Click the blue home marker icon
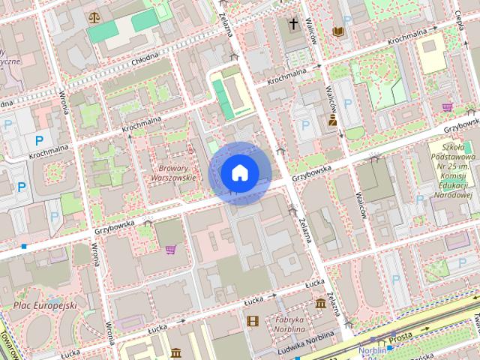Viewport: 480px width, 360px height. pyautogui.click(x=239, y=172)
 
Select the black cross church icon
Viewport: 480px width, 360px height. pyautogui.click(x=292, y=23)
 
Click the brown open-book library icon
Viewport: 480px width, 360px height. pyautogui.click(x=338, y=31)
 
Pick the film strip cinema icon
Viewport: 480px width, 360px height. pyautogui.click(x=252, y=321)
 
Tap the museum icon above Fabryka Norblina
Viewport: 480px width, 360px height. pyautogui.click(x=321, y=303)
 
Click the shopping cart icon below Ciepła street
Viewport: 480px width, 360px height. pyautogui.click(x=448, y=106)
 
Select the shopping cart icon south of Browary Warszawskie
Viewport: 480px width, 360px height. pyautogui.click(x=170, y=249)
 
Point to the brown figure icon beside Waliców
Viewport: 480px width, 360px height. pyautogui.click(x=332, y=119)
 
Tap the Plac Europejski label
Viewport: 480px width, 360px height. pyautogui.click(x=45, y=306)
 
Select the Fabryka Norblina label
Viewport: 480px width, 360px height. pyautogui.click(x=289, y=324)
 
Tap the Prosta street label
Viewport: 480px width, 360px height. pyautogui.click(x=400, y=337)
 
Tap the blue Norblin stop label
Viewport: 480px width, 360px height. pyautogui.click(x=372, y=349)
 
